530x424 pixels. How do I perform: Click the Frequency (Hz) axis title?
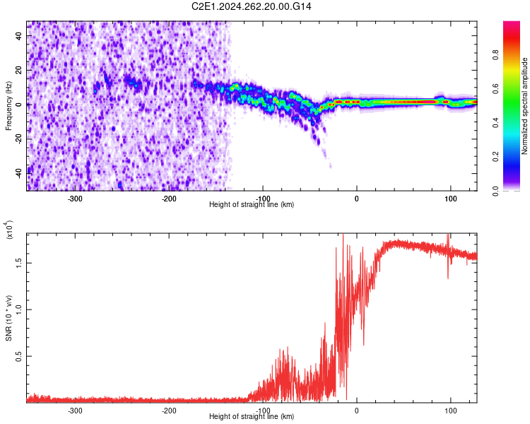8,106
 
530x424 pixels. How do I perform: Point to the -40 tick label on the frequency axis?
19,171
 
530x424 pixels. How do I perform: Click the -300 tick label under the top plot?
76,199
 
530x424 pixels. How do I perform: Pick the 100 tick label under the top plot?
450,199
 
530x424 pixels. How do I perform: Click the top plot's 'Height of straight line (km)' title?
252,205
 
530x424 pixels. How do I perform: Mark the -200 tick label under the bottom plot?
169,411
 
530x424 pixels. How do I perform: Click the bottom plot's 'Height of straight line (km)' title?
252,417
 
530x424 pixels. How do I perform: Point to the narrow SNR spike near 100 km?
448,242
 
